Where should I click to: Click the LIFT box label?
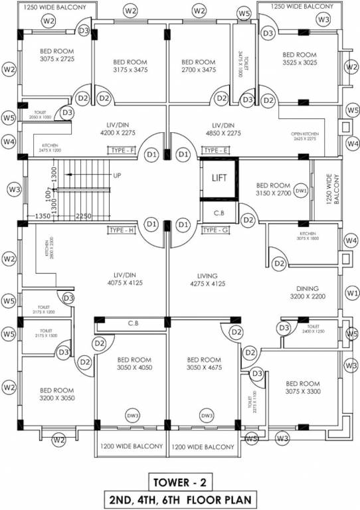coord(219,178)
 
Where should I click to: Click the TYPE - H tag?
coord(122,230)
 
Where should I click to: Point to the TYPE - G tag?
coord(215,230)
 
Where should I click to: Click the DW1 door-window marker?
coord(301,191)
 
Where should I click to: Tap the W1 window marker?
coord(351,292)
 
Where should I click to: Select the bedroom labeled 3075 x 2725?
coord(56,55)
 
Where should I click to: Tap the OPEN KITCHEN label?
coord(305,137)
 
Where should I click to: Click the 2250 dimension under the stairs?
coord(83,216)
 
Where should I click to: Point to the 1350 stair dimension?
coord(43,216)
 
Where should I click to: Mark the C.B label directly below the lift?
coord(219,213)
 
